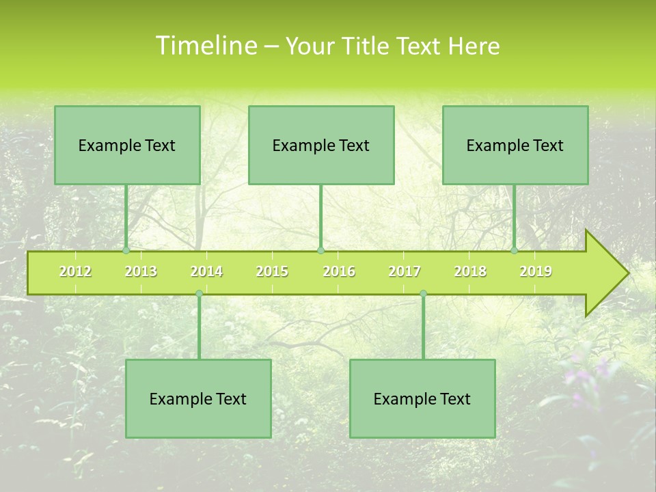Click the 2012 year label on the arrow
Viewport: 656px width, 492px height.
(75, 271)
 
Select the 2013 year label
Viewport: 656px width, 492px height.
(141, 271)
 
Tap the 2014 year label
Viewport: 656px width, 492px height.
(206, 271)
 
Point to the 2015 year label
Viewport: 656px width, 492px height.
(272, 271)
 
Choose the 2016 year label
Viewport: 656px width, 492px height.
(339, 271)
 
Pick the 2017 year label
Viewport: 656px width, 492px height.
(405, 271)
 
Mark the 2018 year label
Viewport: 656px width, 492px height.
(470, 271)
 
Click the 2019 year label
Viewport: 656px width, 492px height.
(536, 271)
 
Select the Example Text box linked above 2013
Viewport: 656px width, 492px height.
(127, 145)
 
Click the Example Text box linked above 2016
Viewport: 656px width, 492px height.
(321, 145)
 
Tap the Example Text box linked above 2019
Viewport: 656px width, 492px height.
(515, 145)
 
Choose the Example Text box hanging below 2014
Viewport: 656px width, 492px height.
(198, 398)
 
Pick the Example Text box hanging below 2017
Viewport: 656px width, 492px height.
(422, 398)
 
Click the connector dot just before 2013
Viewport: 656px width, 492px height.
(126, 251)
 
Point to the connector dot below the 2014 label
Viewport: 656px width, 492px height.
(199, 294)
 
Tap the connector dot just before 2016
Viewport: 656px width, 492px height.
(321, 251)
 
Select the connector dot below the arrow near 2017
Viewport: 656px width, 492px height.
(423, 294)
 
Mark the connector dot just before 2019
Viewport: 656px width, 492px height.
(515, 251)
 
